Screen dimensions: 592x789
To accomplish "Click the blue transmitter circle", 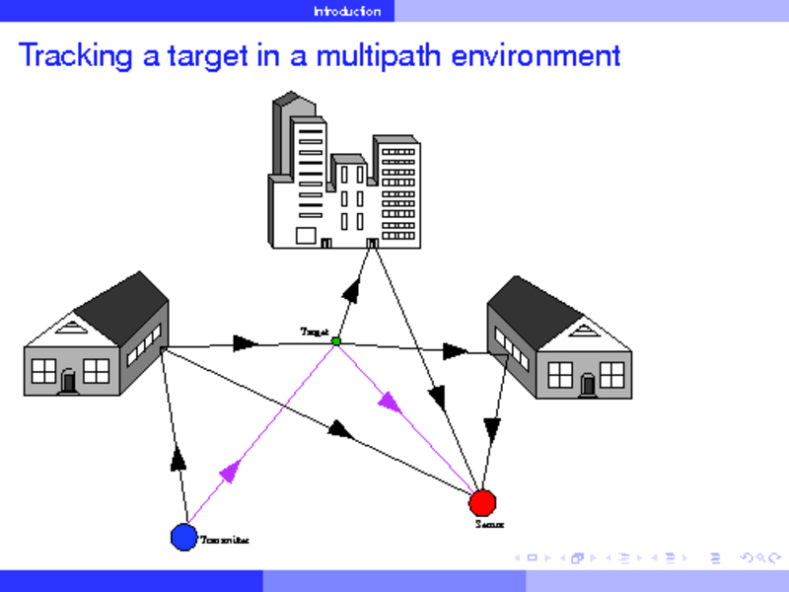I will (x=183, y=537).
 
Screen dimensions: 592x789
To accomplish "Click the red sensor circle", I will (x=482, y=502).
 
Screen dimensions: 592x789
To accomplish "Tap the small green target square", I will (x=336, y=341).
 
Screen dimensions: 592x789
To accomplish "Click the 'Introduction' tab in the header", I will (x=346, y=11).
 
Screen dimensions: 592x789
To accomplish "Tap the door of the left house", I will (x=68, y=380).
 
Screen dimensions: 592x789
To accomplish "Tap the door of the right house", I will (x=588, y=384).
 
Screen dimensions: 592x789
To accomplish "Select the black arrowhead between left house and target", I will (x=245, y=344).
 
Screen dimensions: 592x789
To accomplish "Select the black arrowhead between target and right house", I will (x=455, y=350).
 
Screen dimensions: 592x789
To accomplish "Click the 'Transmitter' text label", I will (x=224, y=541).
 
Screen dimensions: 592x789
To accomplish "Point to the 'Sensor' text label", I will (x=489, y=525).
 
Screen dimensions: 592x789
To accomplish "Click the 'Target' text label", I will (x=314, y=333).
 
